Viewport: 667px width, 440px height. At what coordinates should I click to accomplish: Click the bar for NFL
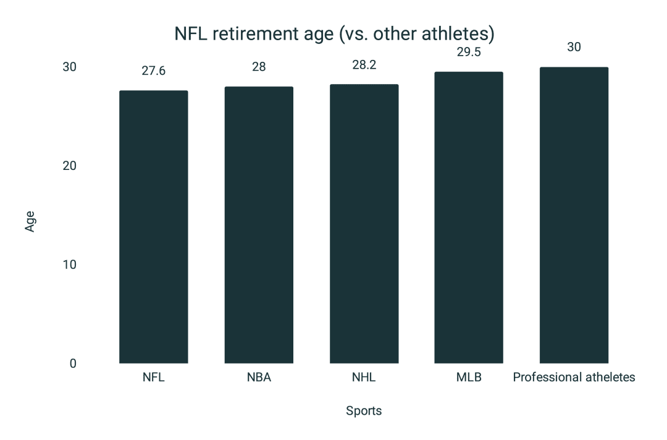(x=153, y=227)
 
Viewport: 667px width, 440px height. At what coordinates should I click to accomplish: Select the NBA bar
(x=259, y=225)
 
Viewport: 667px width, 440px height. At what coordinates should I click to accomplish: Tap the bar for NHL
(x=364, y=224)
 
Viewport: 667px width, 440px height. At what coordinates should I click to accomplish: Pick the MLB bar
(x=469, y=218)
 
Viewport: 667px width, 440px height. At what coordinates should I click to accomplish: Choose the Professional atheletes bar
(x=574, y=215)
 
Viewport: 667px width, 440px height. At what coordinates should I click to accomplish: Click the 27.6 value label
(x=153, y=70)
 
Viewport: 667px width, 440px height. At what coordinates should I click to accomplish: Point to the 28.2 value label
(x=364, y=64)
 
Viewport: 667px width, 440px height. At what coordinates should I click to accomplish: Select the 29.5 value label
(x=469, y=52)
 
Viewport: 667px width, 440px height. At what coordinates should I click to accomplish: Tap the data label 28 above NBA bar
(x=259, y=67)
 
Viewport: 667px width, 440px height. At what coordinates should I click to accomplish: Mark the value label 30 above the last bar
(x=574, y=47)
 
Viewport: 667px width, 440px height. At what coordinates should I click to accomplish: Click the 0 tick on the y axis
(x=73, y=363)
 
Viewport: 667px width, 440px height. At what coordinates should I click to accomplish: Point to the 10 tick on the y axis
(x=69, y=264)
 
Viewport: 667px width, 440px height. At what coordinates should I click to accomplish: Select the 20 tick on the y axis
(x=69, y=166)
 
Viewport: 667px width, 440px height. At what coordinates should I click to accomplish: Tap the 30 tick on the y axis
(x=69, y=67)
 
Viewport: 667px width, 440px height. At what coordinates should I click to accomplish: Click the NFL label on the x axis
(x=153, y=378)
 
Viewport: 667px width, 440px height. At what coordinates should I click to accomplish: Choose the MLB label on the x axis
(x=469, y=378)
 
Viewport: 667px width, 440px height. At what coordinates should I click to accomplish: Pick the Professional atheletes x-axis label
(x=574, y=378)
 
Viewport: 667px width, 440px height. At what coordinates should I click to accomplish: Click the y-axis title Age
(x=30, y=221)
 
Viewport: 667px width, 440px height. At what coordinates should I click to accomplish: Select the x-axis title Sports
(x=364, y=411)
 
